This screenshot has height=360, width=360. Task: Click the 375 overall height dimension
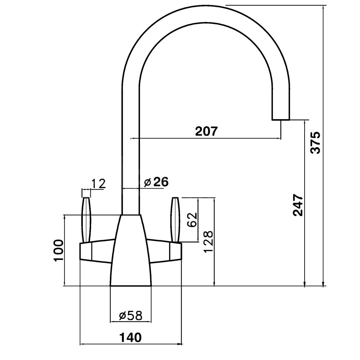315,143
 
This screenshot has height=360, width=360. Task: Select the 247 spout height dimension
298,206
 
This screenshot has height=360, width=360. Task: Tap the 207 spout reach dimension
206,131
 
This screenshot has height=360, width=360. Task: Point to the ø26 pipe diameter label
156,182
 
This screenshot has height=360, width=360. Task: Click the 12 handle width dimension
98,183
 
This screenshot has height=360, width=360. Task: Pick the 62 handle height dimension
192,220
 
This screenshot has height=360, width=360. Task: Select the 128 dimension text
208,242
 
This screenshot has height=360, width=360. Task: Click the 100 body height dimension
58,250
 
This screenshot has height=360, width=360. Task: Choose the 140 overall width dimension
130,337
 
